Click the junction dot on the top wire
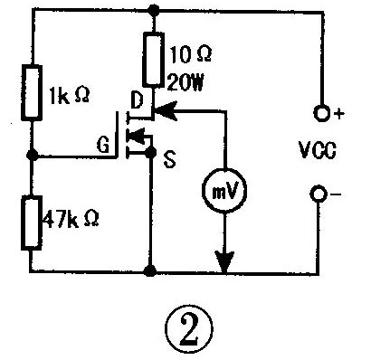click(x=152, y=11)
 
